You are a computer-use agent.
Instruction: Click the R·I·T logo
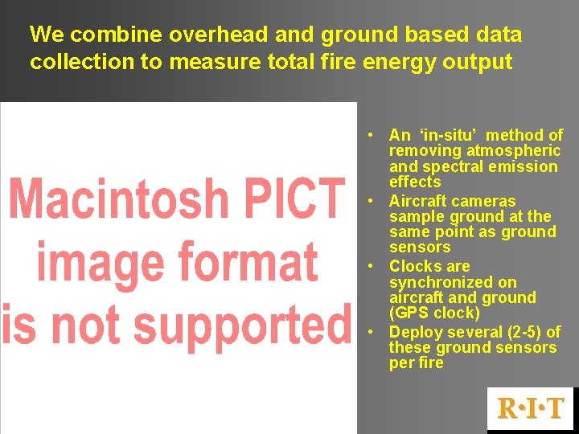[x=530, y=408]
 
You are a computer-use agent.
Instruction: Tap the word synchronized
[x=453, y=282]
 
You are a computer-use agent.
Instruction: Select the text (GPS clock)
[x=434, y=313]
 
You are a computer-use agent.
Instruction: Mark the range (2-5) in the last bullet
[x=520, y=332]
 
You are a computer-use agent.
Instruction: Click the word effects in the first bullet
[x=415, y=182]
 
